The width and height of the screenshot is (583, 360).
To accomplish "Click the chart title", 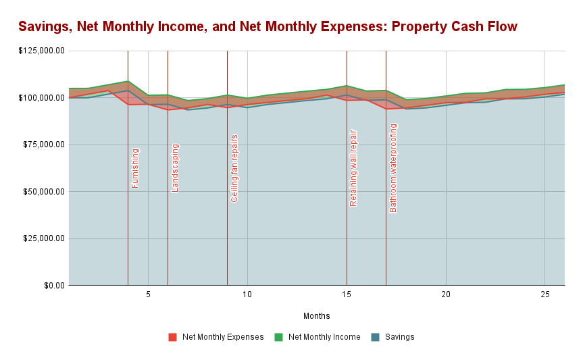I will (x=268, y=26).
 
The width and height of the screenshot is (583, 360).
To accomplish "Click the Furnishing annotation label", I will (x=135, y=168).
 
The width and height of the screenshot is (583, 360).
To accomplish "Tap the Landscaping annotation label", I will (x=175, y=168).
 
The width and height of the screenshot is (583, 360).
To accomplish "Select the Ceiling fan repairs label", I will (x=234, y=168).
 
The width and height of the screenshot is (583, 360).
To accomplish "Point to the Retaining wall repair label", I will (x=353, y=168).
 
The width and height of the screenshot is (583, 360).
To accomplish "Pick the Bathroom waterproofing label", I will (x=393, y=168).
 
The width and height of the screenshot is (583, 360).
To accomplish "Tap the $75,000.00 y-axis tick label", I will (x=43, y=145).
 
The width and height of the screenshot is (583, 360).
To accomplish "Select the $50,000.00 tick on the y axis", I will (x=43, y=191).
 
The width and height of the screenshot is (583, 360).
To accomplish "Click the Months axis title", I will (x=316, y=315).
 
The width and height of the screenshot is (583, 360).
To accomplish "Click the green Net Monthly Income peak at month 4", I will (x=128, y=81).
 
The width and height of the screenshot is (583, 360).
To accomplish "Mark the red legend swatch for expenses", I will (x=173, y=337).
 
